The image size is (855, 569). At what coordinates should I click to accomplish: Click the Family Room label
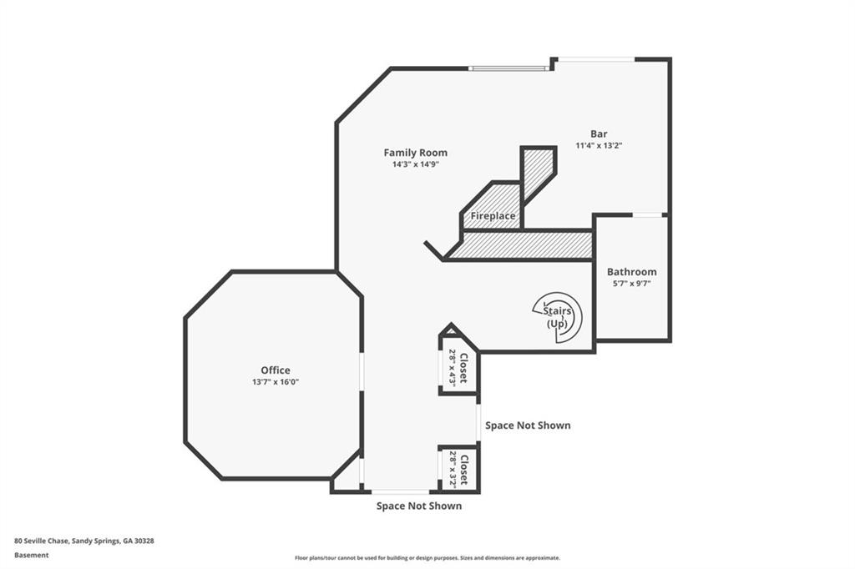[416, 153]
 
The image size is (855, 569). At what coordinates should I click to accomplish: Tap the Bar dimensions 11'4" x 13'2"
[599, 145]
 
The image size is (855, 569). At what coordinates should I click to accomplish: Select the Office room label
[276, 370]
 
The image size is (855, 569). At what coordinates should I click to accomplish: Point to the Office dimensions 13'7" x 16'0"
[276, 382]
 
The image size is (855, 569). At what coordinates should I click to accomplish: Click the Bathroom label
[631, 271]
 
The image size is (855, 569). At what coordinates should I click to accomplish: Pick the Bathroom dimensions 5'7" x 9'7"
[631, 284]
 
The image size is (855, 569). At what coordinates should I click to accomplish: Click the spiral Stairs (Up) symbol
[558, 317]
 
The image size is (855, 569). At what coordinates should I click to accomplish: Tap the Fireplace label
[493, 216]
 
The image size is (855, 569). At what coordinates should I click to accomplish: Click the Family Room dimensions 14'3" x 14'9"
[416, 164]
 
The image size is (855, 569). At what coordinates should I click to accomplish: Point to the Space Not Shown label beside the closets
[528, 425]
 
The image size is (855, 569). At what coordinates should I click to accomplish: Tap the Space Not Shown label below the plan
[419, 506]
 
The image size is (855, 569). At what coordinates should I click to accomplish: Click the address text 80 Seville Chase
[42, 541]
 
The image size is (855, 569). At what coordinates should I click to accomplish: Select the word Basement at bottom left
[31, 556]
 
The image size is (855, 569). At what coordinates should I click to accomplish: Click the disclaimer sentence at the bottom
[427, 558]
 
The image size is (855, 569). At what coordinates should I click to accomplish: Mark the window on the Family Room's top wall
[508, 68]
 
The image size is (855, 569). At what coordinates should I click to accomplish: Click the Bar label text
[599, 133]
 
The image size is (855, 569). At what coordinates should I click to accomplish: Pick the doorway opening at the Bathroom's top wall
[647, 215]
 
